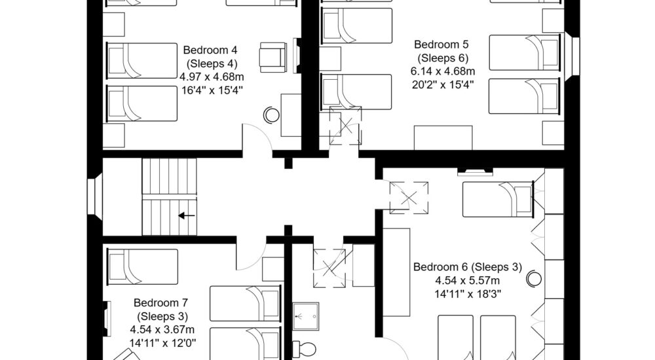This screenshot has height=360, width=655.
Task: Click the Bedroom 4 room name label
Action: pos(210,50)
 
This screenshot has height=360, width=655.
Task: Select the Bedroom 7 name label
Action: pos(161,303)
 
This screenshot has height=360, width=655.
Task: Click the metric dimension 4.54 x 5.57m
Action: pos(466,281)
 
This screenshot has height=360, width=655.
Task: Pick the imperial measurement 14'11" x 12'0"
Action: pos(161,342)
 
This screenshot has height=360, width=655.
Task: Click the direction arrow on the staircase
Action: pos(187,214)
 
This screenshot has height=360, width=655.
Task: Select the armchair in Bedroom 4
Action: pos(272,56)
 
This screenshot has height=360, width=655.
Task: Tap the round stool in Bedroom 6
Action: pos(534,278)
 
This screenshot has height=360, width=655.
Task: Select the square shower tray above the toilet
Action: pos(306,315)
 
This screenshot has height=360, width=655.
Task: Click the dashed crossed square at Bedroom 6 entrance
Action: pos(409,197)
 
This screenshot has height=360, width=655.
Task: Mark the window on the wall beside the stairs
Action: pos(94,197)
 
